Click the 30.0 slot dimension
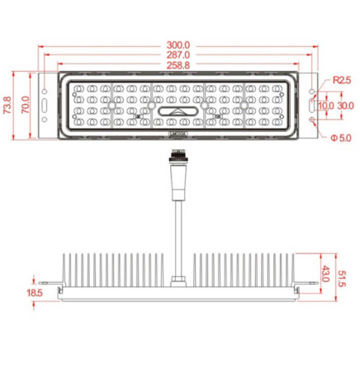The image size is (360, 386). pyautogui.click(x=344, y=106)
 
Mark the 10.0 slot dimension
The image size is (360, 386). pyautogui.click(x=325, y=106)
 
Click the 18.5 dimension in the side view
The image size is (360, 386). pyautogui.click(x=34, y=293)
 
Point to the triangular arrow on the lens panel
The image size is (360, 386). pyautogui.click(x=178, y=110)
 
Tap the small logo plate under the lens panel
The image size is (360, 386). pyautogui.click(x=178, y=132)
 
